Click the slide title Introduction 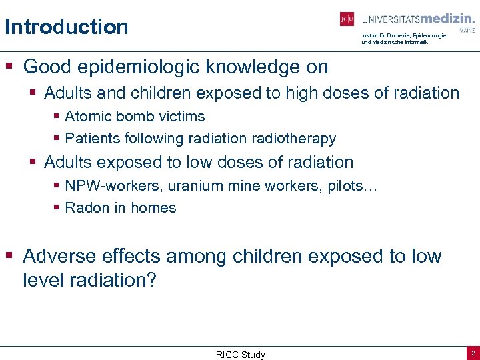tap(66, 27)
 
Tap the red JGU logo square tap(347, 19)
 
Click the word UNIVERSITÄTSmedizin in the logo tap(418, 19)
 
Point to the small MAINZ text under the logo tap(467, 30)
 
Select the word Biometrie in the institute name tap(396, 35)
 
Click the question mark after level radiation tap(150, 280)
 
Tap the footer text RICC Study tap(240, 355)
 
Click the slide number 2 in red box tap(472, 353)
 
